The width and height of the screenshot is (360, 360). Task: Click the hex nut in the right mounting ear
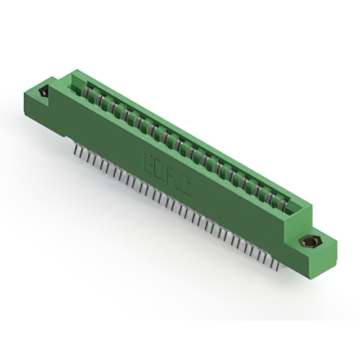click(x=307, y=242)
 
